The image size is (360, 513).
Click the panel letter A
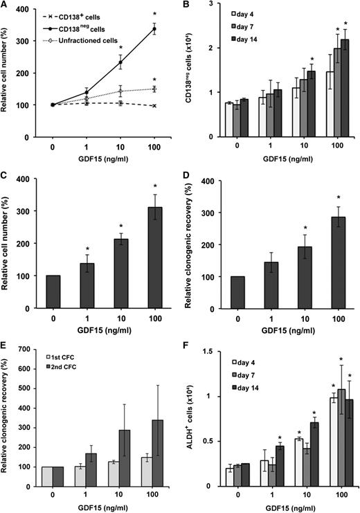tap(5, 6)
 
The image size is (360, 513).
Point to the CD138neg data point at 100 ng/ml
tap(154, 28)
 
